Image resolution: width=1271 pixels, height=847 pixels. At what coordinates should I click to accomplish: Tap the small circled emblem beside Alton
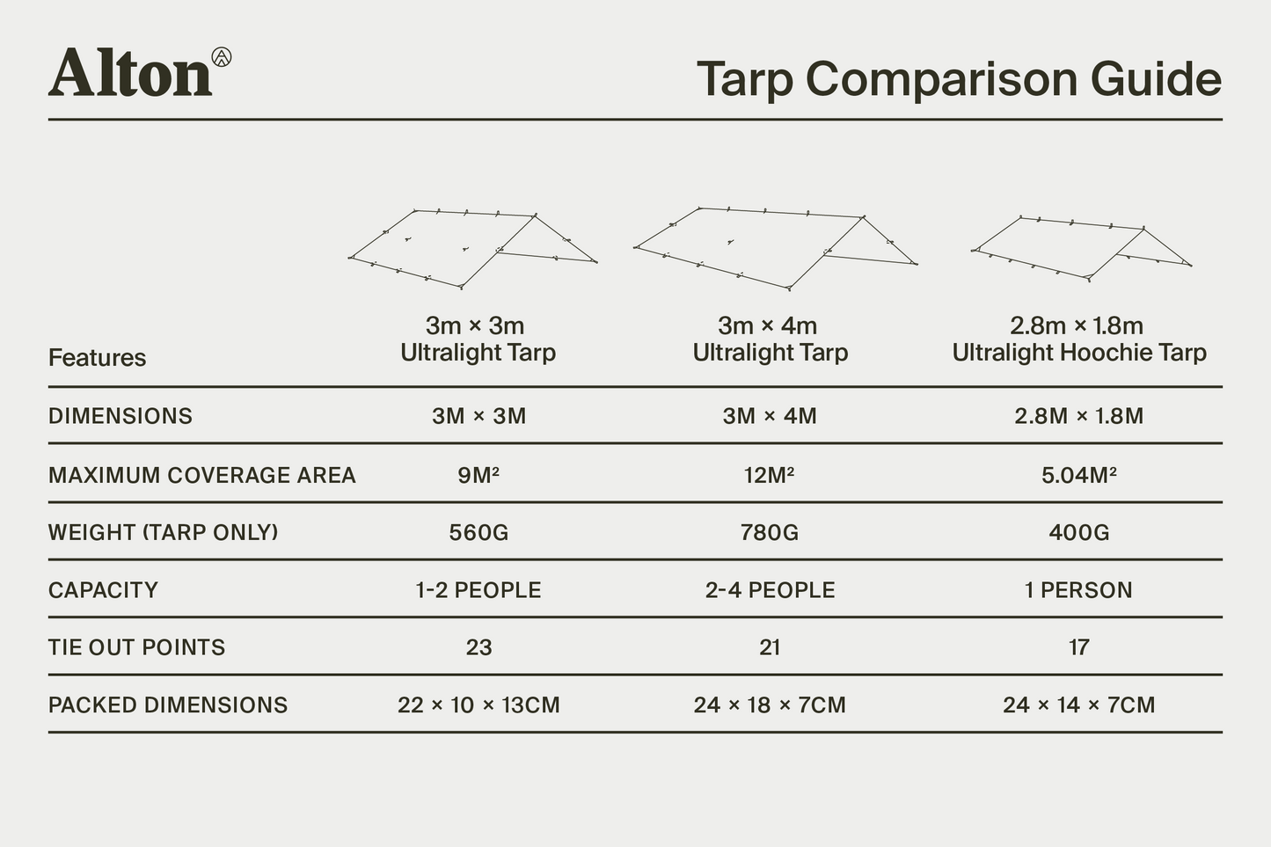coord(222,57)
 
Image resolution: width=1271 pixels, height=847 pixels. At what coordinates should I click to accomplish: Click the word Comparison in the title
coord(942,79)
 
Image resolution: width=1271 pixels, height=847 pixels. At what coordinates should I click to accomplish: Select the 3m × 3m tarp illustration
coord(473,248)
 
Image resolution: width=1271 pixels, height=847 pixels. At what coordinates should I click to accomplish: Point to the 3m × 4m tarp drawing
coord(774,246)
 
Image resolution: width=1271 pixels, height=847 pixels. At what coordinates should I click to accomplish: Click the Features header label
coord(97,358)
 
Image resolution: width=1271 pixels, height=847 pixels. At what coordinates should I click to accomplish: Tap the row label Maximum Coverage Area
coord(201,475)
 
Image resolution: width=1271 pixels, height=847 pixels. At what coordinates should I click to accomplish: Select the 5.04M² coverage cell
coord(1078,475)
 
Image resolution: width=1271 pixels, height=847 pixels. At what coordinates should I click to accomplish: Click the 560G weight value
coord(478,532)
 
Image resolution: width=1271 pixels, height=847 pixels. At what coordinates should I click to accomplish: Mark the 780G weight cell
coord(770,532)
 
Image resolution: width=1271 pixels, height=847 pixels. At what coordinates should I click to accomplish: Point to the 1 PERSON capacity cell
coord(1078,590)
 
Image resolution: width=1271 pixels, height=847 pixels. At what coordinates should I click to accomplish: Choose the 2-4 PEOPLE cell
coord(770,590)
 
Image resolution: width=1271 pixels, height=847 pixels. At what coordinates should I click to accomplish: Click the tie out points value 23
coord(478,647)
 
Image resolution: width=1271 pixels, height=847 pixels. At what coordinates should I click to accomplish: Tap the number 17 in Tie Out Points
coord(1078,647)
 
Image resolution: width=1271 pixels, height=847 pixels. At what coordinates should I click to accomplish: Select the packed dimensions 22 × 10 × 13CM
coord(478,705)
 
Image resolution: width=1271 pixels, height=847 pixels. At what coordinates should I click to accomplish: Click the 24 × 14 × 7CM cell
coord(1078,705)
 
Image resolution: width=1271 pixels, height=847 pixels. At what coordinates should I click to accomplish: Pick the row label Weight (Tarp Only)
coord(163,532)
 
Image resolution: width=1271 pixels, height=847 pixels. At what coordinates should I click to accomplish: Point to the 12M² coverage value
coord(770,475)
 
